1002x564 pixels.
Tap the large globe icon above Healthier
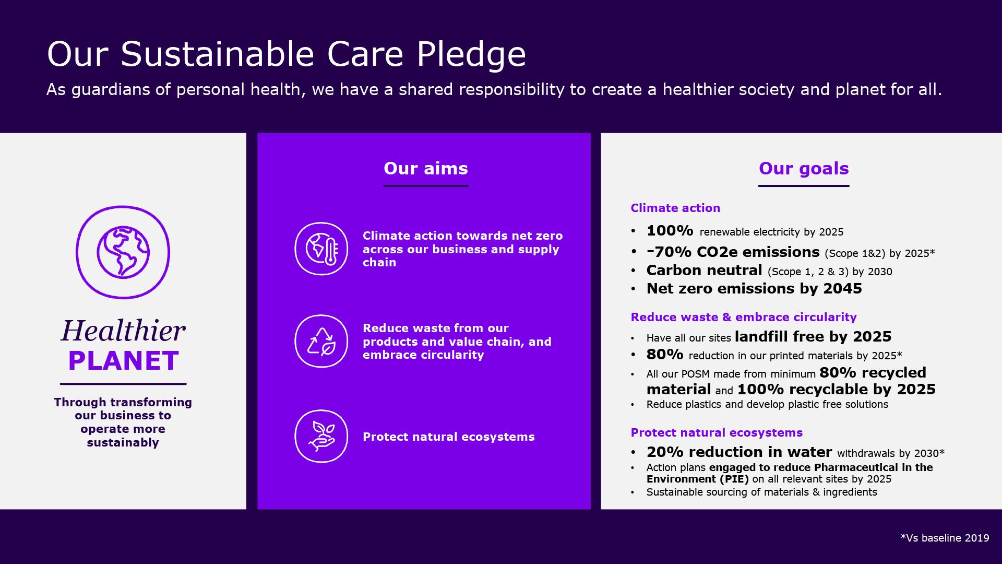pyautogui.click(x=123, y=252)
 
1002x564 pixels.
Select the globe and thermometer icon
pyautogui.click(x=321, y=249)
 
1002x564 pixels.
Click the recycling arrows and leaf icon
pyautogui.click(x=321, y=341)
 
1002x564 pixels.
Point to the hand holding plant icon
pyautogui.click(x=321, y=436)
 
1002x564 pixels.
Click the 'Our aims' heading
pyautogui.click(x=426, y=168)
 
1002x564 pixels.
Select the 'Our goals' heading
pyautogui.click(x=804, y=168)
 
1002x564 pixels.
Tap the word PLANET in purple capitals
pyautogui.click(x=124, y=361)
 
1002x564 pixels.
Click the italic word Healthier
pyautogui.click(x=123, y=331)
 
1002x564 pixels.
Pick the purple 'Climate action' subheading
pyautogui.click(x=675, y=208)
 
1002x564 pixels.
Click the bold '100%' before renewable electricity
pyautogui.click(x=670, y=230)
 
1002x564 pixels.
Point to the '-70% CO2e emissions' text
pyautogui.click(x=733, y=252)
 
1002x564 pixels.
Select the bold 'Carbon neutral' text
pyautogui.click(x=705, y=270)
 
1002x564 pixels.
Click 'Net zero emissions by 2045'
pyautogui.click(x=754, y=288)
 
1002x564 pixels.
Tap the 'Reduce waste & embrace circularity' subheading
pyautogui.click(x=744, y=317)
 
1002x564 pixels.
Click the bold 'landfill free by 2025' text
pyautogui.click(x=813, y=336)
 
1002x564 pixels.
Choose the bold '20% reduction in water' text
pyautogui.click(x=739, y=452)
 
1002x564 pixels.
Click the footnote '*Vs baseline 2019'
pyautogui.click(x=945, y=538)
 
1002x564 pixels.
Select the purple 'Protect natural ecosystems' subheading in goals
pyautogui.click(x=717, y=432)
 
